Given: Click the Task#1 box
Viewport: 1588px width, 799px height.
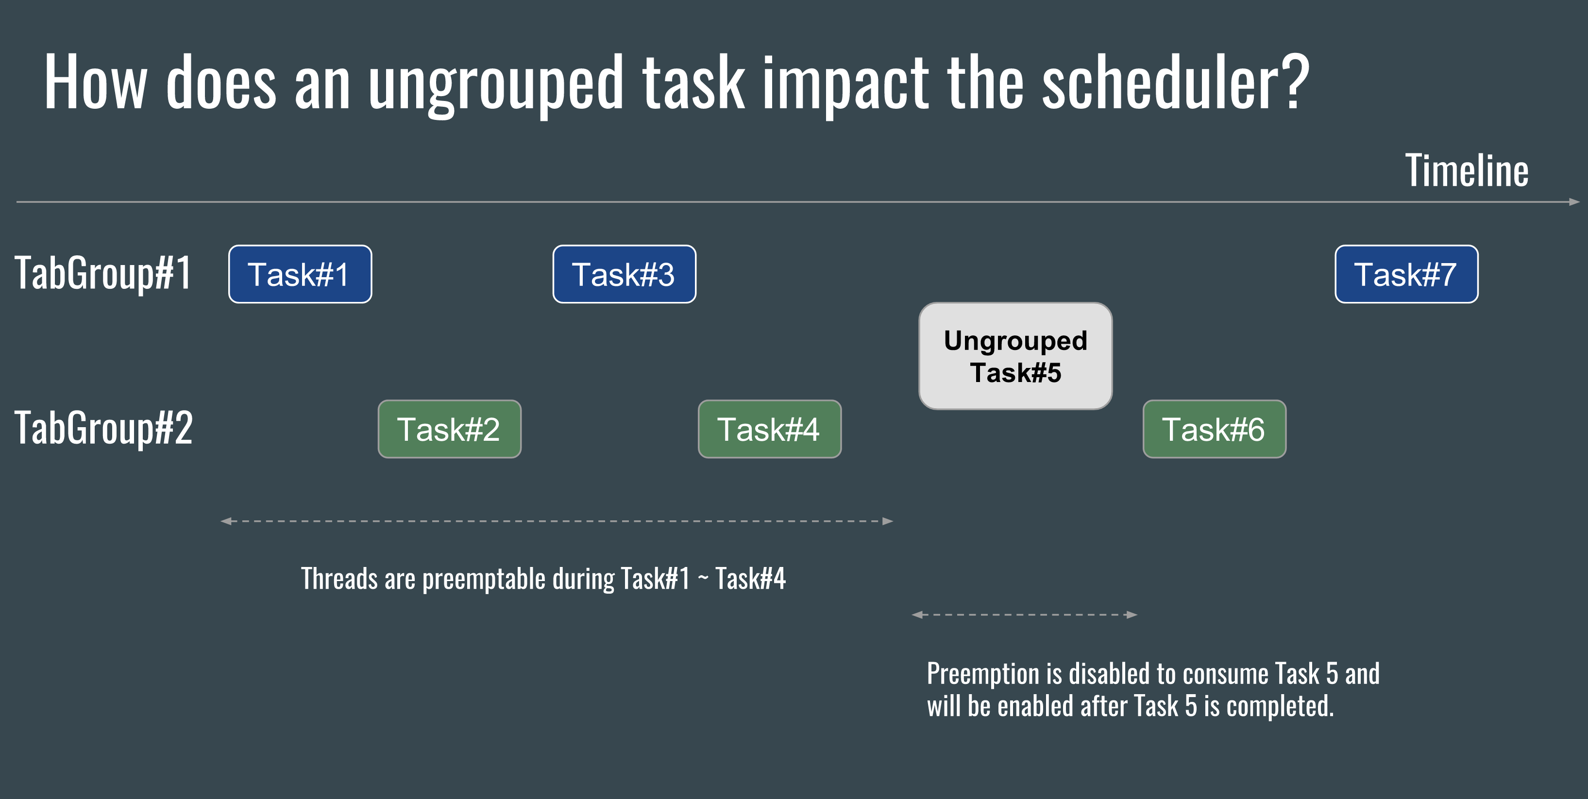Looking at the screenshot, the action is click(300, 274).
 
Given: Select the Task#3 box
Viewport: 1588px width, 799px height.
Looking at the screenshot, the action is click(625, 274).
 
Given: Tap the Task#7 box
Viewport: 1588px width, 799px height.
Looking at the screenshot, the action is click(1407, 274).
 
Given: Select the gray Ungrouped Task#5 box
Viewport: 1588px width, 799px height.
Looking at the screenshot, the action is click(1016, 356).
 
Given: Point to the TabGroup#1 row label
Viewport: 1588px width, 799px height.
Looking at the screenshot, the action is click(103, 273).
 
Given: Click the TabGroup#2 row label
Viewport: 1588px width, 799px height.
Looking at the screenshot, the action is click(103, 428).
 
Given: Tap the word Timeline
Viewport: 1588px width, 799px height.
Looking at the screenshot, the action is click(1467, 171).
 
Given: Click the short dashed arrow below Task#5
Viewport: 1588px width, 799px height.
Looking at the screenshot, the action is click(1025, 615).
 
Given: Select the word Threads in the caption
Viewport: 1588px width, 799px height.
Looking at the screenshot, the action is click(339, 579).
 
